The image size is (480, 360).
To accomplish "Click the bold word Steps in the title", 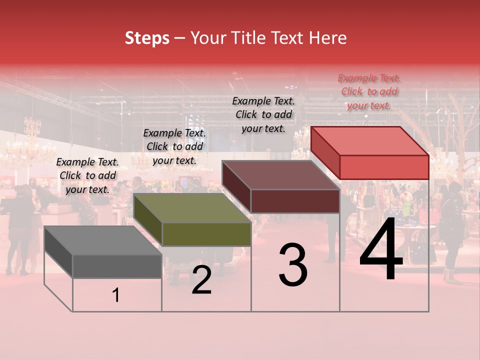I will [147, 38].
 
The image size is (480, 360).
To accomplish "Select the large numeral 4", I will [381, 250].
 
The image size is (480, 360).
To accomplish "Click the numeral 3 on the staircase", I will [293, 265].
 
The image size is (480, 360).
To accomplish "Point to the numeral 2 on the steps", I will [201, 280].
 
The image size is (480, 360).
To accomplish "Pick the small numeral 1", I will [116, 295].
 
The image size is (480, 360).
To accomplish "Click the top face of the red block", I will [369, 141].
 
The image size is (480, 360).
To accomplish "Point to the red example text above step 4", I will [369, 91].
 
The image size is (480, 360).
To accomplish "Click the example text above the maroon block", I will [263, 114].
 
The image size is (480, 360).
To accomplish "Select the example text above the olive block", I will [174, 146].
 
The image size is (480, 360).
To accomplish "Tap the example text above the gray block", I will [87, 175].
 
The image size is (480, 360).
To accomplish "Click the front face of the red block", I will [384, 167].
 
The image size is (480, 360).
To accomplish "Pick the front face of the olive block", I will [206, 234].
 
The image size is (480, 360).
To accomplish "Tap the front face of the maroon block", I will [295, 201].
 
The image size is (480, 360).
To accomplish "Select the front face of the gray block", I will [117, 266].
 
